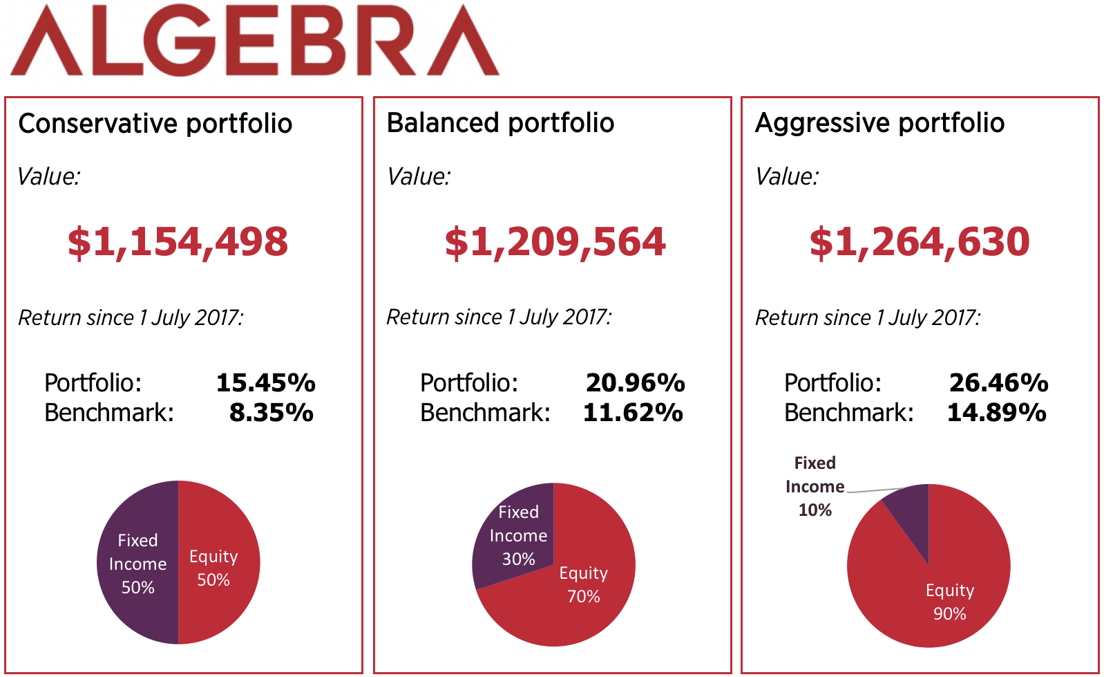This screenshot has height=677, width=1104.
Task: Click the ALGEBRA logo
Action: click(254, 40)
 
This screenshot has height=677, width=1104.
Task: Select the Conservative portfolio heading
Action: click(155, 124)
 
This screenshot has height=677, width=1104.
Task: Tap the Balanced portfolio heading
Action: click(500, 123)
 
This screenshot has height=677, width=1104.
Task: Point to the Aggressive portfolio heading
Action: click(879, 123)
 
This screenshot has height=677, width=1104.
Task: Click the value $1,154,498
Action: click(178, 242)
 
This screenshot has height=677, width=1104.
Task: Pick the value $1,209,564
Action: click(555, 242)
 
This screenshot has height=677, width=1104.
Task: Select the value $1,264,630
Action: click(919, 242)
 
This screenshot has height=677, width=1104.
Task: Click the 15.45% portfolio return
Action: click(265, 382)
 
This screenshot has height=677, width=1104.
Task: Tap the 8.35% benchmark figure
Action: click(271, 413)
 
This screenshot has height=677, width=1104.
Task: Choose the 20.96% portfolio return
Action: click(635, 382)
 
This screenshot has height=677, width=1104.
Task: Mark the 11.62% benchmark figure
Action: click(633, 413)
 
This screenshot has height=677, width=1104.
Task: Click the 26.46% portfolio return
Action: click(998, 382)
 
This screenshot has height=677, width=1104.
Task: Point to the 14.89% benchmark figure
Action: click(996, 413)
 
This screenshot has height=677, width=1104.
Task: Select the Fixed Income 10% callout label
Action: click(815, 486)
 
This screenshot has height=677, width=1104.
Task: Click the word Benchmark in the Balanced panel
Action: click(485, 413)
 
